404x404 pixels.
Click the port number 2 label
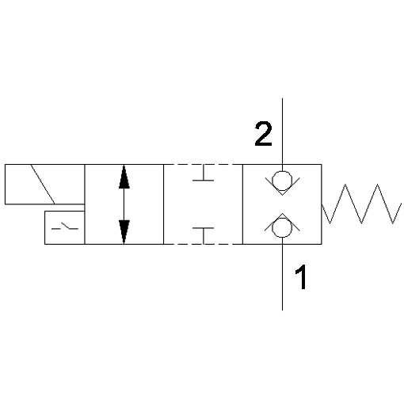tap(263, 134)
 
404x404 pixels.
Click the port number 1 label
tap(301, 276)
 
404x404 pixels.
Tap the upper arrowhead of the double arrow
tap(124, 177)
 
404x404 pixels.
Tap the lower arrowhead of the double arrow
tap(124, 231)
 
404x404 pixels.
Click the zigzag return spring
tap(361, 204)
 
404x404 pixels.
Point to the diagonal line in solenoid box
tap(43, 184)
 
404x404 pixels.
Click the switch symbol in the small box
tap(65, 227)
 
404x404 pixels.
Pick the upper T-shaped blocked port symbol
tap(203, 173)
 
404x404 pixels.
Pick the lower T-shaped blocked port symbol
tap(203, 235)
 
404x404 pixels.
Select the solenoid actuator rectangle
tap(44, 164)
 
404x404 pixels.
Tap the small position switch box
tap(45, 227)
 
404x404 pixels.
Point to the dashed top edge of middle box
tap(203, 164)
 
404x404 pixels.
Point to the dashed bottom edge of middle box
tap(203, 244)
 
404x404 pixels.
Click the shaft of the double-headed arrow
tap(124, 204)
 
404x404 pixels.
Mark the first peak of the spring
tap(345, 185)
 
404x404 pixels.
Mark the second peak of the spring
tap(377, 185)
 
